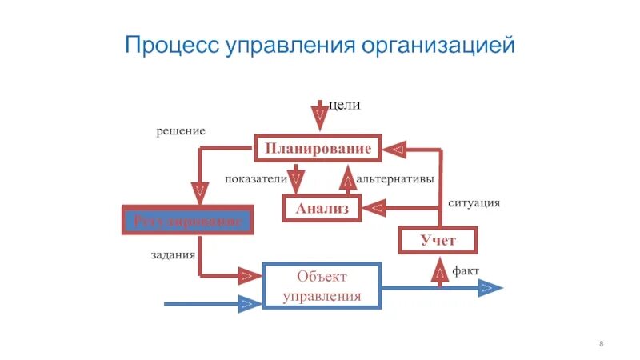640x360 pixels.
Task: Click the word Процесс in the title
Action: pyautogui.click(x=163, y=45)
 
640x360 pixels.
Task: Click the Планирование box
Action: pyautogui.click(x=318, y=149)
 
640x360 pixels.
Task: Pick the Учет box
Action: pyautogui.click(x=438, y=240)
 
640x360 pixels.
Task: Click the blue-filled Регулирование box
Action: pyautogui.click(x=187, y=220)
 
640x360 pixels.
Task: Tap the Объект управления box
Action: pyautogui.click(x=322, y=286)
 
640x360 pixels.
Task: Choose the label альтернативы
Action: pyautogui.click(x=395, y=179)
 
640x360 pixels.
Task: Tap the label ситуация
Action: pyautogui.click(x=474, y=203)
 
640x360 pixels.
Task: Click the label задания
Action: pyautogui.click(x=174, y=256)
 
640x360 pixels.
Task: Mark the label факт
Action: pyautogui.click(x=466, y=271)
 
